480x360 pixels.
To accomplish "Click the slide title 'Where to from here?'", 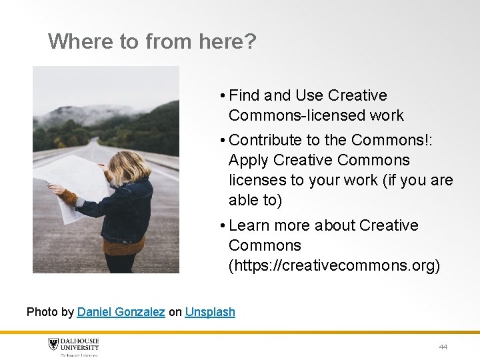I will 152,42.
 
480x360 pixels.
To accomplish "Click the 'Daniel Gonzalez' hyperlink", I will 121,311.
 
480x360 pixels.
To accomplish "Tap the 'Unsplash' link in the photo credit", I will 210,311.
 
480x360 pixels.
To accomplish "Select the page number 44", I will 443,347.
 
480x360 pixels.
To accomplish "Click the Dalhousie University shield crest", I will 54,345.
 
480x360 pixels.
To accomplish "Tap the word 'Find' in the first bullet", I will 244,95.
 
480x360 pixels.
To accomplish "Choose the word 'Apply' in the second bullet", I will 249,161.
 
